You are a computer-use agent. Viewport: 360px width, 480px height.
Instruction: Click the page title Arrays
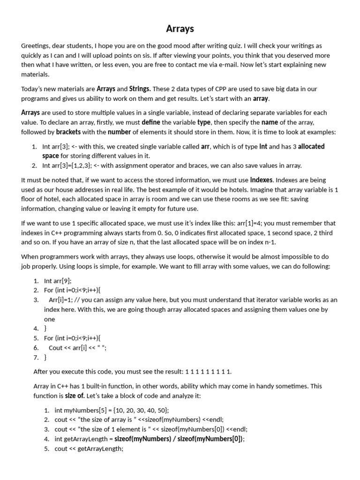pyautogui.click(x=180, y=29)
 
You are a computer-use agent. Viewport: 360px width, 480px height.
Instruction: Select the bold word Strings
pyautogui.click(x=140, y=89)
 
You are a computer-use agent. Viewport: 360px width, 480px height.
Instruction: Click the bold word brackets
pyautogui.click(x=68, y=132)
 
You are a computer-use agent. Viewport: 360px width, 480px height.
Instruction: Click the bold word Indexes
pyautogui.click(x=262, y=180)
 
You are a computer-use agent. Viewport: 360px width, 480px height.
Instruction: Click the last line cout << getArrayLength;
pyautogui.click(x=89, y=449)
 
